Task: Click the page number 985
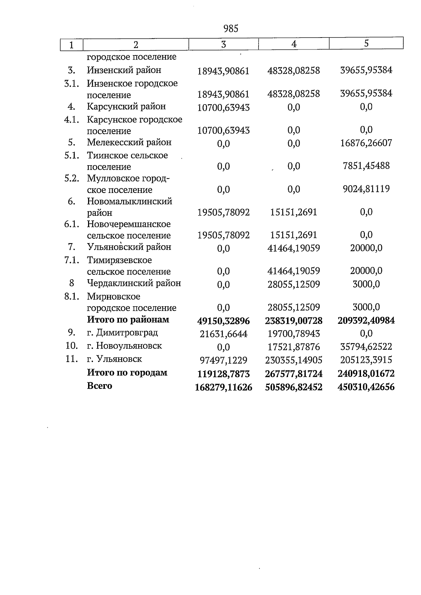[x=230, y=29]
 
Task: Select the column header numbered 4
[x=294, y=44]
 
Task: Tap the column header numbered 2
[x=136, y=45]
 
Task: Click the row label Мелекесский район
[x=129, y=142]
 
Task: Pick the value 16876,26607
[x=366, y=143]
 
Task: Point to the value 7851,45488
[x=366, y=166]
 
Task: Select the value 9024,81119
[x=366, y=189]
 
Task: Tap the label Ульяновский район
[x=129, y=247]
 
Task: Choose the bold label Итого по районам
[x=128, y=320]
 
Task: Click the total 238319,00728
[x=294, y=320]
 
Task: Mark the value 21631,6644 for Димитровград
[x=223, y=334]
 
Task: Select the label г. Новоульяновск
[x=124, y=346]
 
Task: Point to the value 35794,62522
[x=366, y=347]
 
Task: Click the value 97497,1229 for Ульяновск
[x=223, y=360]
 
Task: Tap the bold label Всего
[x=99, y=386]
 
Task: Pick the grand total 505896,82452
[x=294, y=387]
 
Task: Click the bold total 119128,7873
[x=223, y=374]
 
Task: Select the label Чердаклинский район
[x=134, y=283]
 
